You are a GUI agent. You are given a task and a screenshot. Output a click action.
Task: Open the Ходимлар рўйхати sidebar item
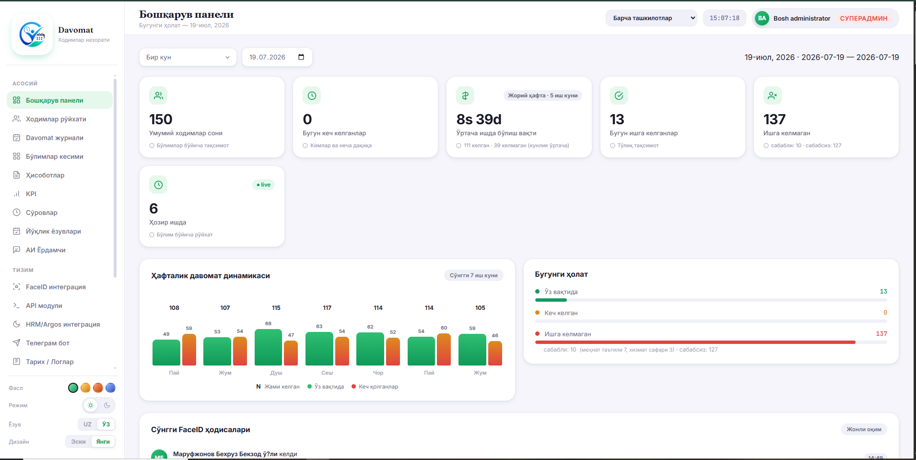[56, 119]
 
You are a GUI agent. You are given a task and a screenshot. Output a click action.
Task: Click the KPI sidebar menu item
[31, 194]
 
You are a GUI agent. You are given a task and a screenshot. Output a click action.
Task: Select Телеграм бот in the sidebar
[47, 343]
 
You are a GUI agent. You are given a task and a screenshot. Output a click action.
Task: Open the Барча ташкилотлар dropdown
[651, 18]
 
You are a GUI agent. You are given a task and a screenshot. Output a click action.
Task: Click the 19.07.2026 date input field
[277, 57]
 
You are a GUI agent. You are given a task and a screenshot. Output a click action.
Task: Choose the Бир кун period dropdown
[188, 57]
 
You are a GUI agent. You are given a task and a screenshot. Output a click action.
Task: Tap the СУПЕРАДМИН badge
[864, 18]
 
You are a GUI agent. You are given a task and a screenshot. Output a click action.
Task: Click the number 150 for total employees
[161, 119]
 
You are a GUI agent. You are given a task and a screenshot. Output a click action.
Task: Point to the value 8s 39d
[479, 119]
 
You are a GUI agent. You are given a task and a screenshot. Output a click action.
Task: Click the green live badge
[264, 185]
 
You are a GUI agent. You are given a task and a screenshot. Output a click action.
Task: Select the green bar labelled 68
[268, 347]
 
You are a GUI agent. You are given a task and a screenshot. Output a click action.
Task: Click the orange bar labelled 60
[444, 349]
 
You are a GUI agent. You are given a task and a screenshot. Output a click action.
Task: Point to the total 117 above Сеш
[327, 308]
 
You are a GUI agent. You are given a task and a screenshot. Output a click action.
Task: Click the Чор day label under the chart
[378, 373]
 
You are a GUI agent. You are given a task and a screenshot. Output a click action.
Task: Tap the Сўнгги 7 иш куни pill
[473, 275]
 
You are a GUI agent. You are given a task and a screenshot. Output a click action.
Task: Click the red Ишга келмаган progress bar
[695, 342]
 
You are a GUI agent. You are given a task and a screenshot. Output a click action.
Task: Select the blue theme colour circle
[110, 388]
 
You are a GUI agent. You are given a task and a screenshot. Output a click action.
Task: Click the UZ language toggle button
[87, 424]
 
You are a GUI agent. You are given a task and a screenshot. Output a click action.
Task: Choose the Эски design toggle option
[78, 442]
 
